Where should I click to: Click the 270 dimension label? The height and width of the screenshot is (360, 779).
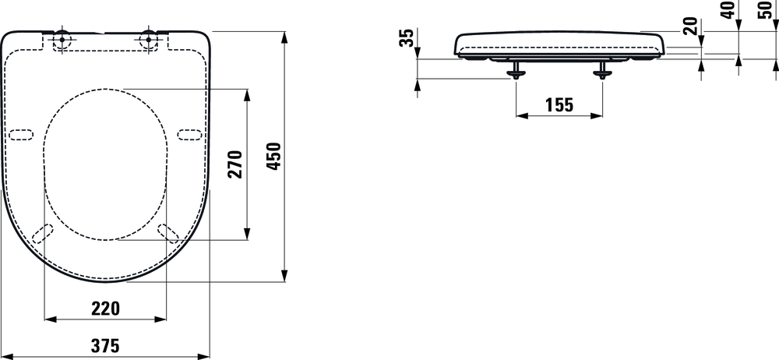235,164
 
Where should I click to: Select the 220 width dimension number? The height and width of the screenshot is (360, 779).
105,308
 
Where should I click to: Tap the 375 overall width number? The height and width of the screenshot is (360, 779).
105,344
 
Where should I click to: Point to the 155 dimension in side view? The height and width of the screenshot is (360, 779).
559,104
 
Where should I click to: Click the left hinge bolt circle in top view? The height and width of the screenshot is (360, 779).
62,39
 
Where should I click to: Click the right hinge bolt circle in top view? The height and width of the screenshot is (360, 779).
149,39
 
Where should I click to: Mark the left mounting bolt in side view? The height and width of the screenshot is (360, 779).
516,73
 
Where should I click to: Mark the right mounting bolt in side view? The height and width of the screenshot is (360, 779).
602,73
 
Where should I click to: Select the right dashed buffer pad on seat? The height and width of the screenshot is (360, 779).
189,134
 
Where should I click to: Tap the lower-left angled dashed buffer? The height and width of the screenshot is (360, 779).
44,232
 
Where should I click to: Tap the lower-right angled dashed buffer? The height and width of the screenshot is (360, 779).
167,232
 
